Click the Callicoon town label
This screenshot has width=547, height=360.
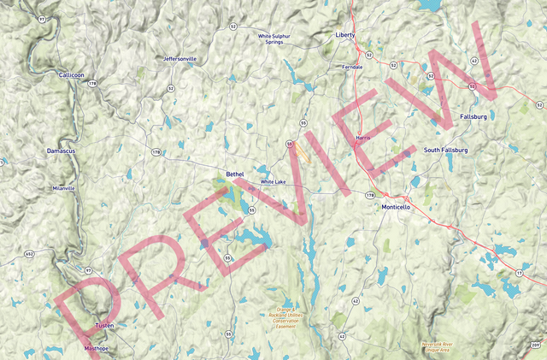(x=71, y=75)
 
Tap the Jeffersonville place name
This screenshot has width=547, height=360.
(x=180, y=59)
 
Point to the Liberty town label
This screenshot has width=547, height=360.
(x=344, y=35)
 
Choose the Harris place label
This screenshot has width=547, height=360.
(x=362, y=138)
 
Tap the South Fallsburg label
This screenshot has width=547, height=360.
(x=446, y=150)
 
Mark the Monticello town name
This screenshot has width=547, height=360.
(x=397, y=207)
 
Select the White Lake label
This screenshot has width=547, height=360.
(x=273, y=182)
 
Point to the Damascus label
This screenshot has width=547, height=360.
(x=61, y=150)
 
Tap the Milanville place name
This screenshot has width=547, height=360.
(x=63, y=188)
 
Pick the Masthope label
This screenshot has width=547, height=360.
(x=97, y=349)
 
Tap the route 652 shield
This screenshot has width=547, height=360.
(x=29, y=254)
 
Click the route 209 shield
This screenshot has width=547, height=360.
(x=536, y=344)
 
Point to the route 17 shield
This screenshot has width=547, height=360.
(x=520, y=273)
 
